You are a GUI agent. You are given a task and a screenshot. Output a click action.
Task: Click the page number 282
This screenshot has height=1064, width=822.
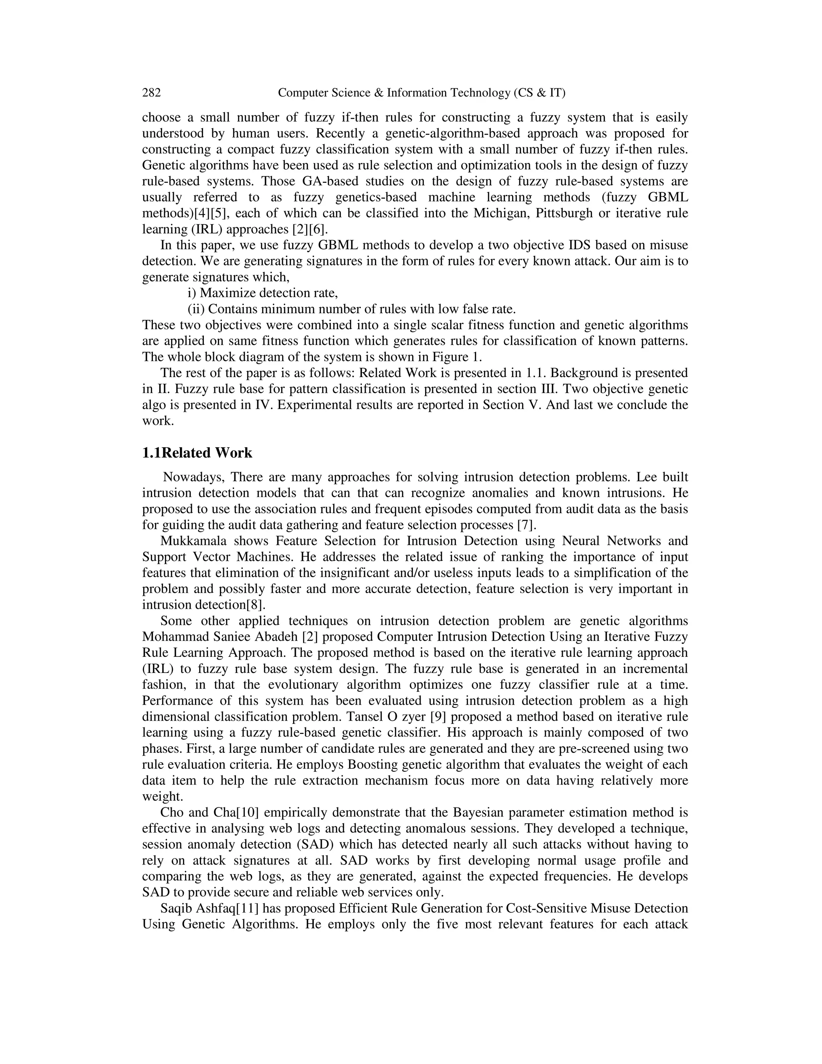point(151,93)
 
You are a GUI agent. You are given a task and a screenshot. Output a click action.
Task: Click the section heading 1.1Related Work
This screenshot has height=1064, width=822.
point(197,453)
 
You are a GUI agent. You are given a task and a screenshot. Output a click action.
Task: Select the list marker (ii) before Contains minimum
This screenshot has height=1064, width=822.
point(197,309)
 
